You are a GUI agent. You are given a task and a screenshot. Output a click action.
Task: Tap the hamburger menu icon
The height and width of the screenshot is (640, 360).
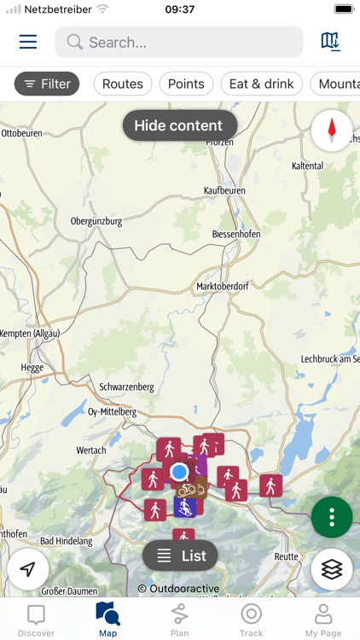point(28,42)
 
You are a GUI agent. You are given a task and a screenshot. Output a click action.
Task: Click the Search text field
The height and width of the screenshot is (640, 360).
point(179,42)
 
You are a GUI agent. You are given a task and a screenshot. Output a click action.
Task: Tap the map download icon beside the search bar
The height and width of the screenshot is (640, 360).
point(330,42)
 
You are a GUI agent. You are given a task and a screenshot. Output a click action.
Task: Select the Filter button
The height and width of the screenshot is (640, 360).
point(47,84)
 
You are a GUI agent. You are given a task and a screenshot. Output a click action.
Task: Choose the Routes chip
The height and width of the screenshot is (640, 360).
point(123,84)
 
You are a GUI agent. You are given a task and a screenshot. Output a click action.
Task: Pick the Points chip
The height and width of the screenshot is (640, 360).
point(186,84)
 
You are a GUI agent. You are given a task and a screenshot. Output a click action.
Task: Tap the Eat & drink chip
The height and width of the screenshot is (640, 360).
point(261,84)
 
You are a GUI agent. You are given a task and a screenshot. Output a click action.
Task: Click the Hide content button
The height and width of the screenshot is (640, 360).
point(178,125)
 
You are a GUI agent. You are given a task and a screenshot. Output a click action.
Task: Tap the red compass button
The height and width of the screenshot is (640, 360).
point(332,131)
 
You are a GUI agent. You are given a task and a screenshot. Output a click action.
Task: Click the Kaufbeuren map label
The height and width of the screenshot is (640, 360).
point(224,190)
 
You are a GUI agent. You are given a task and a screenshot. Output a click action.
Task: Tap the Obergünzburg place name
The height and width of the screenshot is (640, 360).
point(96,221)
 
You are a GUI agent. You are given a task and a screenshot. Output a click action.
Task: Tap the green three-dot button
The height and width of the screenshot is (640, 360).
point(332,516)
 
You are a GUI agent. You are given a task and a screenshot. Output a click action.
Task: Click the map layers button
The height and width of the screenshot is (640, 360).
point(332,569)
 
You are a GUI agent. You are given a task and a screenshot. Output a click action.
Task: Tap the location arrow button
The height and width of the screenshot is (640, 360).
point(28,569)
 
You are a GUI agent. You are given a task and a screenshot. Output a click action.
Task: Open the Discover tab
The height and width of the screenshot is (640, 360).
point(36,620)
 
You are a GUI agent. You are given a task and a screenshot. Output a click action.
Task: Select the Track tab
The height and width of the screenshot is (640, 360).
point(251,620)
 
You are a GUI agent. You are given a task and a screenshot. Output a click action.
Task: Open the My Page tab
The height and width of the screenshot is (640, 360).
point(323,620)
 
